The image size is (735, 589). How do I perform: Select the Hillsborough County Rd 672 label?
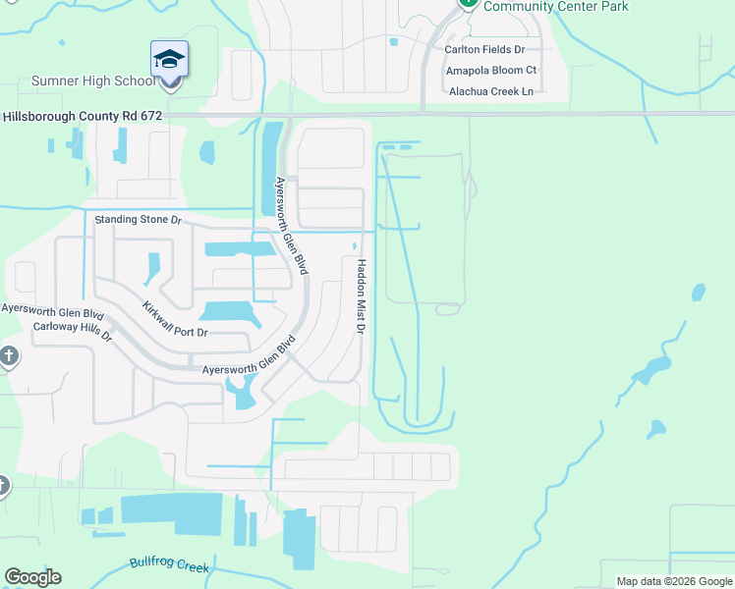click(82, 115)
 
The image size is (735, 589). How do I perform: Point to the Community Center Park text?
click(556, 7)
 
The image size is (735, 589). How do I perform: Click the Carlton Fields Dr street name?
click(484, 49)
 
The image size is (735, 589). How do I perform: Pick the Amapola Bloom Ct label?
click(491, 71)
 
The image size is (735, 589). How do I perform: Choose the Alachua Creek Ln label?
click(490, 91)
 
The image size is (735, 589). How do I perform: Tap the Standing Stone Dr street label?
click(139, 220)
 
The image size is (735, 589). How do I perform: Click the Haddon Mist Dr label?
click(361, 296)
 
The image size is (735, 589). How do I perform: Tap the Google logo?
click(32, 577)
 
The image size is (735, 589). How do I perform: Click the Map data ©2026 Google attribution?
click(674, 581)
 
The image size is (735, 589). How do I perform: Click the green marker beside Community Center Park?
click(469, 3)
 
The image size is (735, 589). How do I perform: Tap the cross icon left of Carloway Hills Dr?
click(8, 355)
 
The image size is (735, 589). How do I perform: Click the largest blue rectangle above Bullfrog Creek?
click(171, 513)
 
